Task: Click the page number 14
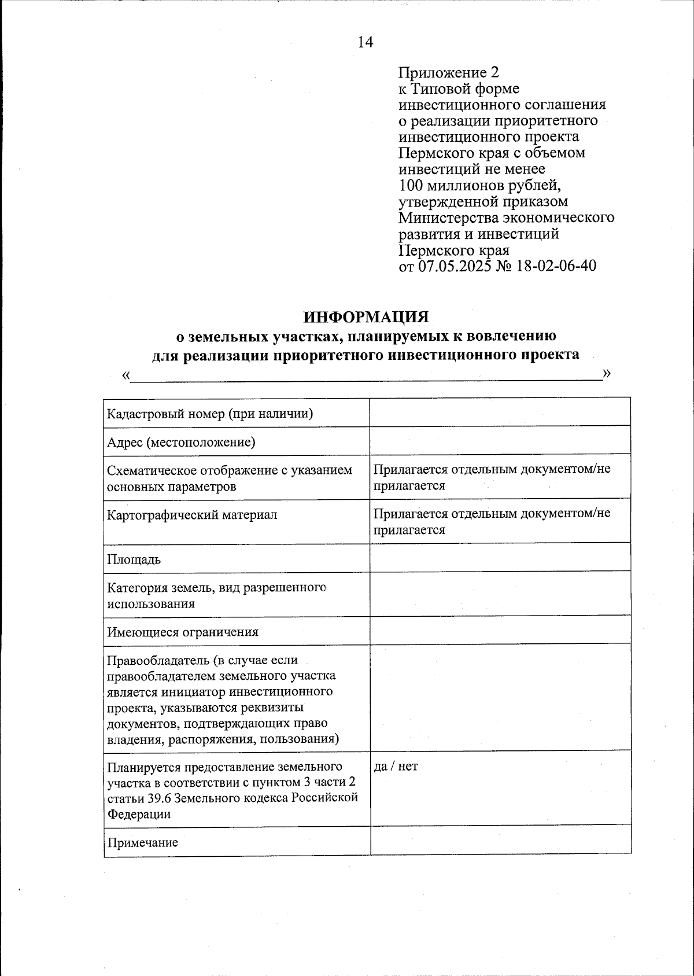366,42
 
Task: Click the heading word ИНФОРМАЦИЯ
367,318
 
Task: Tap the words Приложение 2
448,73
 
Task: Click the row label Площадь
134,559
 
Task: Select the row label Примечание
142,842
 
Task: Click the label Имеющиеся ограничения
183,632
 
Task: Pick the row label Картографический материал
192,514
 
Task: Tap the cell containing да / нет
396,767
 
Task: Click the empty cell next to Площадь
500,558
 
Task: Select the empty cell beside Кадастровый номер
500,412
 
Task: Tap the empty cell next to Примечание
500,839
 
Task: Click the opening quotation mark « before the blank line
126,375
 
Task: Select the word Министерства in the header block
448,218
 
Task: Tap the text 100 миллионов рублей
480,186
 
